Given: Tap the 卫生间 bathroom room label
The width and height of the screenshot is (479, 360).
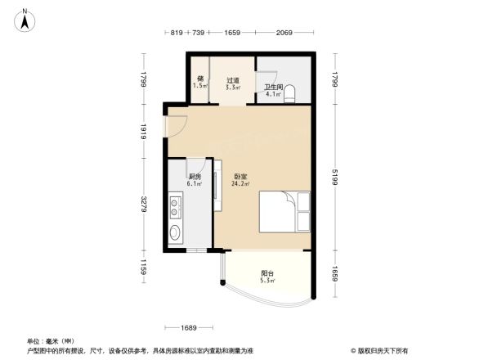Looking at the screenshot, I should pyautogui.click(x=272, y=87).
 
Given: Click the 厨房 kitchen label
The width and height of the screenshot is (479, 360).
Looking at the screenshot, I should pyautogui.click(x=195, y=177).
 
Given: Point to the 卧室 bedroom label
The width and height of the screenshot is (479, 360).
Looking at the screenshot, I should pyautogui.click(x=240, y=177).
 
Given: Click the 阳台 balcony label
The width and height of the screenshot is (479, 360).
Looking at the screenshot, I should pyautogui.click(x=267, y=273).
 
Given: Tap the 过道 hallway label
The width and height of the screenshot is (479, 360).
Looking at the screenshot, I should pyautogui.click(x=233, y=80).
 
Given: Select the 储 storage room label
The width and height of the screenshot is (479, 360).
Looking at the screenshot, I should pyautogui.click(x=199, y=79).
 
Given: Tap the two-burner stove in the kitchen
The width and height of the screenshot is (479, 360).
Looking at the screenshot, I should pyautogui.click(x=175, y=208).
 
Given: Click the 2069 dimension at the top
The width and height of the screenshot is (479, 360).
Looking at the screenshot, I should pyautogui.click(x=283, y=32).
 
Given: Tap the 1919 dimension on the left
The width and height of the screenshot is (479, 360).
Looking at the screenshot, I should pyautogui.click(x=143, y=130).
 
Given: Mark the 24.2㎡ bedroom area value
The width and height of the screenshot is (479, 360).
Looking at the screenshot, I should pyautogui.click(x=240, y=184).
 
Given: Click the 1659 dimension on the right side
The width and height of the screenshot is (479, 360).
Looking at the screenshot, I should pyautogui.click(x=335, y=273).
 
